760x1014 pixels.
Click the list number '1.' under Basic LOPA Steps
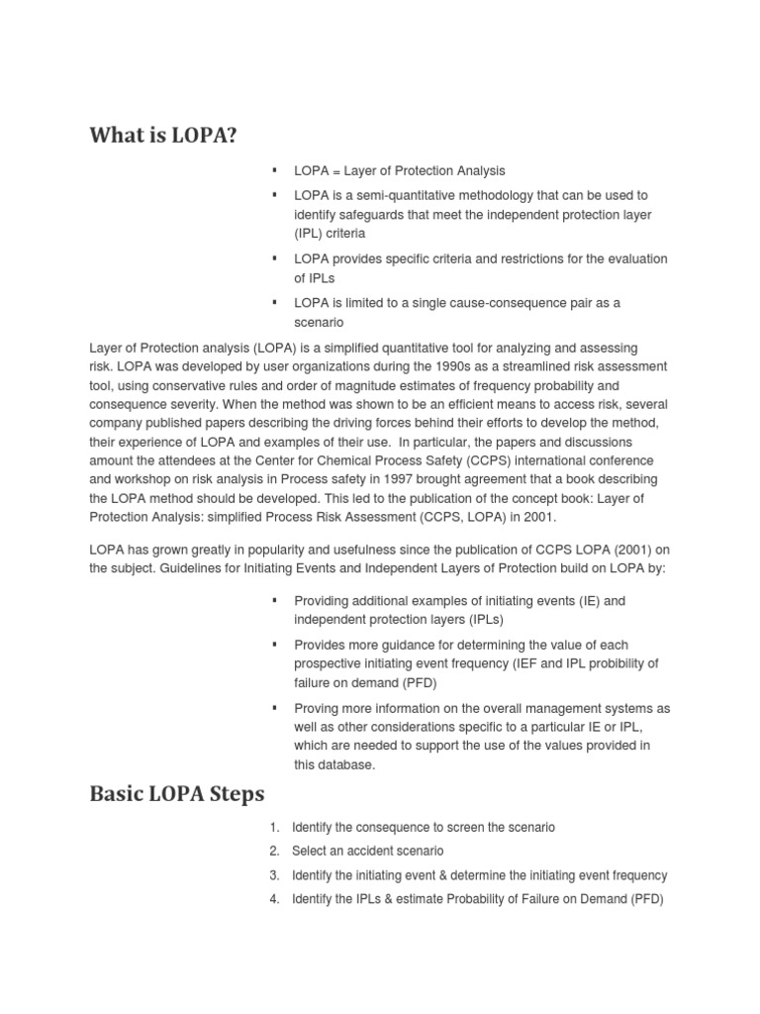click(274, 828)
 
